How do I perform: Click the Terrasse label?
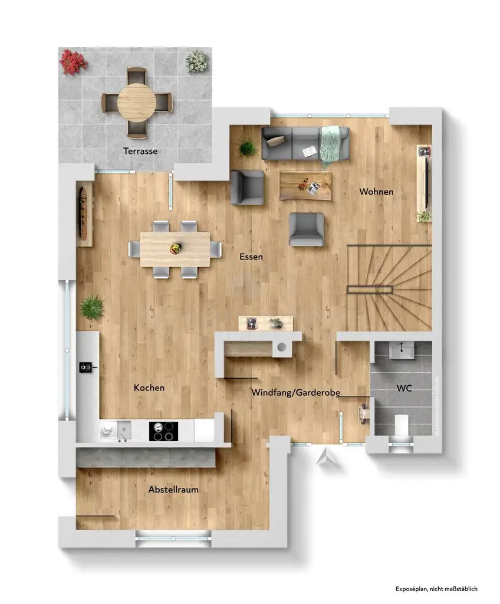coord(140,151)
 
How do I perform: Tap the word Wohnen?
coord(376,192)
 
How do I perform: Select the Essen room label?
coord(251,257)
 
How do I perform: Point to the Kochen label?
coord(149,388)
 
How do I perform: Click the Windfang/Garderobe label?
coord(295,392)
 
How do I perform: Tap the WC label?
coord(404,389)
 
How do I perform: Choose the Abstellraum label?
coord(173,490)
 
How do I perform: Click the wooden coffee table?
coord(305,185)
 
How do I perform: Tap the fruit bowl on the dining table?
coord(175,248)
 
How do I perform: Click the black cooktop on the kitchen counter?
coord(162,431)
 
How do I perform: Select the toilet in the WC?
coord(401,425)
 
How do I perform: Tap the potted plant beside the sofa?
coord(248,147)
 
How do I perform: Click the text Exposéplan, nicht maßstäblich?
coord(436,588)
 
